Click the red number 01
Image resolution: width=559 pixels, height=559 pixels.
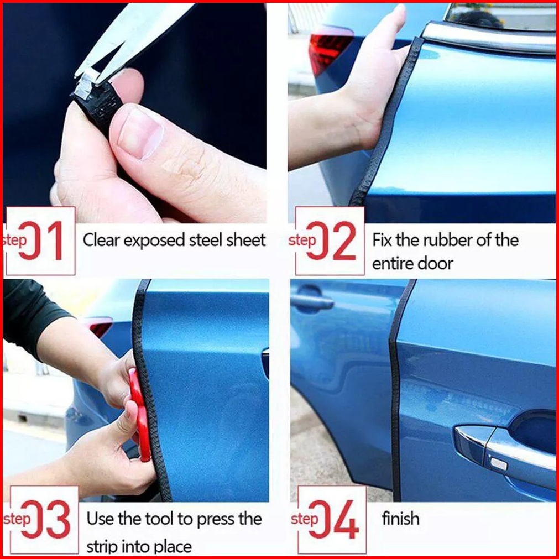click(41, 241)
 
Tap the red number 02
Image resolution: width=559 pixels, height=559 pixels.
click(332, 241)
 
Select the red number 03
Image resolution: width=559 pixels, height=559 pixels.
click(46, 519)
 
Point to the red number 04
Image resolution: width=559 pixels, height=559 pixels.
click(334, 519)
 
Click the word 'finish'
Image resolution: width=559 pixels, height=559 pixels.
click(400, 518)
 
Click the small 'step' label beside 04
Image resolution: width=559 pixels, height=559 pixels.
click(304, 519)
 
